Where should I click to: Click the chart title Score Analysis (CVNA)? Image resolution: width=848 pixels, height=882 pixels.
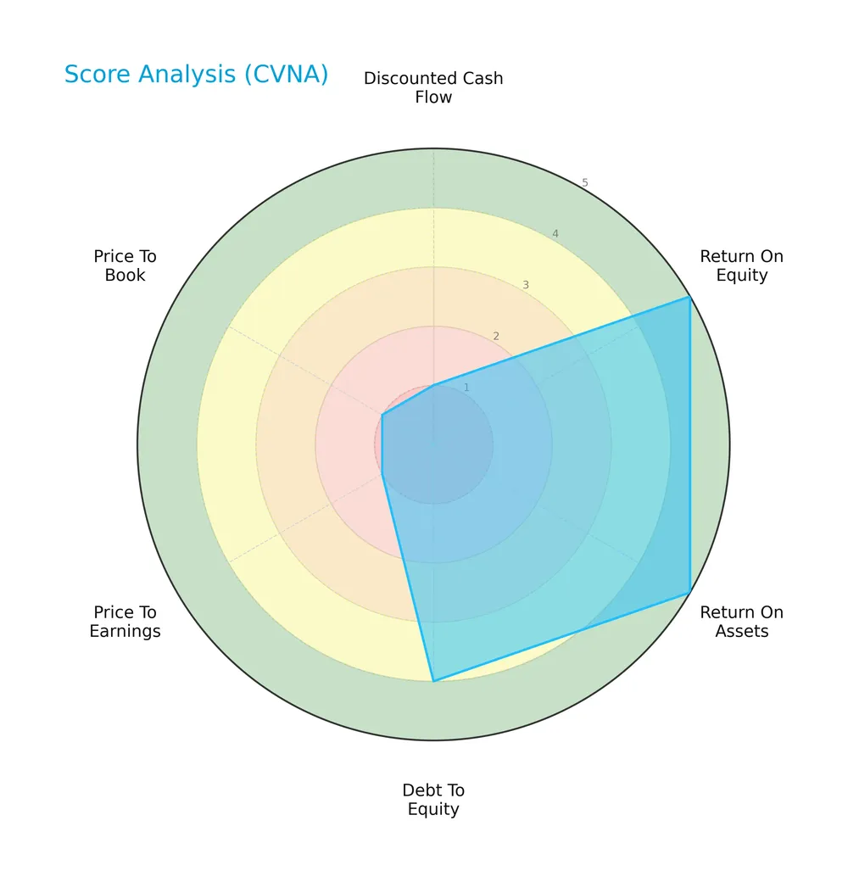196,75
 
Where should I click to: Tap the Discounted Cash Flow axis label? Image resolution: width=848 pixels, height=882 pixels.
433,87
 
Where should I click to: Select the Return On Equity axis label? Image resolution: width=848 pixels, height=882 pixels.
741,265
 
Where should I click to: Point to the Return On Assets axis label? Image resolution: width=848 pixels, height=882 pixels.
741,622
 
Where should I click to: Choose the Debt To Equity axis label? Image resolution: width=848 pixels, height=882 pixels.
433,800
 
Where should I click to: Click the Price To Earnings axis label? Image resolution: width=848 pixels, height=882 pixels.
125,622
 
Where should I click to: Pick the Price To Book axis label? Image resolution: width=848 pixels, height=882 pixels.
125,265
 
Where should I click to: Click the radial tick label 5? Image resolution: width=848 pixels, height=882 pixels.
585,183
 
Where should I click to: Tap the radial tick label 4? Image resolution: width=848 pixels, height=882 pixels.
555,234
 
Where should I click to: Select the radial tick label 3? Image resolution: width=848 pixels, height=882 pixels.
526,285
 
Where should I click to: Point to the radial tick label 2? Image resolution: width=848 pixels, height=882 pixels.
496,337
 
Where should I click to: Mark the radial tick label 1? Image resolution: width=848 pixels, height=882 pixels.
466,388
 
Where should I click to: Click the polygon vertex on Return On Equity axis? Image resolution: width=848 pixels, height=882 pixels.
689,297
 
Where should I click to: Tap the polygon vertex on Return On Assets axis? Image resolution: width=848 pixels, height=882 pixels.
689,592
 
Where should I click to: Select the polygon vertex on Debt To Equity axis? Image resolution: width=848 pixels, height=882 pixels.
433,680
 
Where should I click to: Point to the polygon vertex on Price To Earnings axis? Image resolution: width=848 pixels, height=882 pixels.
382,474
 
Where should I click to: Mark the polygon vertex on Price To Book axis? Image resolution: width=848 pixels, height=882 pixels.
382,415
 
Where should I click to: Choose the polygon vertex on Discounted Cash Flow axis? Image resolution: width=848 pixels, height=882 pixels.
433,385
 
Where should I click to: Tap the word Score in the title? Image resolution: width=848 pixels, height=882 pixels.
93,75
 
